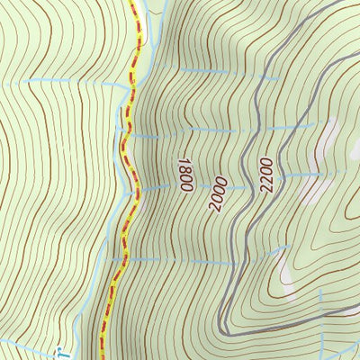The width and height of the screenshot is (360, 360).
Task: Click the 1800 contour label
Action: point(184,175)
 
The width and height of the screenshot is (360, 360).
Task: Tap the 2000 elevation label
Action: point(217,193)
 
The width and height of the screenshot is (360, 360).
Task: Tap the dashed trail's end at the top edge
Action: point(135,3)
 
